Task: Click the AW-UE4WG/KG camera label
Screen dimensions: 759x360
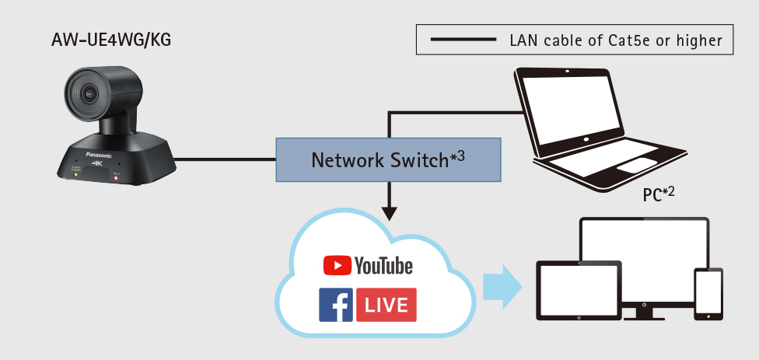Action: pos(111,40)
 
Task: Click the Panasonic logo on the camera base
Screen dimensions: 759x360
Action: pos(99,155)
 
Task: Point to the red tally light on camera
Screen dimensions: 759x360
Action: pos(116,177)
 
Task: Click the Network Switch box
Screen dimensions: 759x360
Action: pos(388,159)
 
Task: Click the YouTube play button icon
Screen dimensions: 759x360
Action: pos(337,266)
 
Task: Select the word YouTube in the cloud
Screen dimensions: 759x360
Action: pos(383,266)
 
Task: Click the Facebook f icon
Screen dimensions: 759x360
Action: pos(336,305)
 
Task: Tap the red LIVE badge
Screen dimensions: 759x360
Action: pos(386,305)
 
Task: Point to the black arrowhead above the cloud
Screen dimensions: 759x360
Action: pos(389,214)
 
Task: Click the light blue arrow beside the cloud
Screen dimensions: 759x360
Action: pos(502,287)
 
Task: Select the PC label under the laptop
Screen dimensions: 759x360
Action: pos(659,194)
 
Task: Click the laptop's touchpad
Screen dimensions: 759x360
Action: pos(635,165)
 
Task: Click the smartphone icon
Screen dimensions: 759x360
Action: pos(708,294)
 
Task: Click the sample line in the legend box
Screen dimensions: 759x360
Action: pos(463,39)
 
